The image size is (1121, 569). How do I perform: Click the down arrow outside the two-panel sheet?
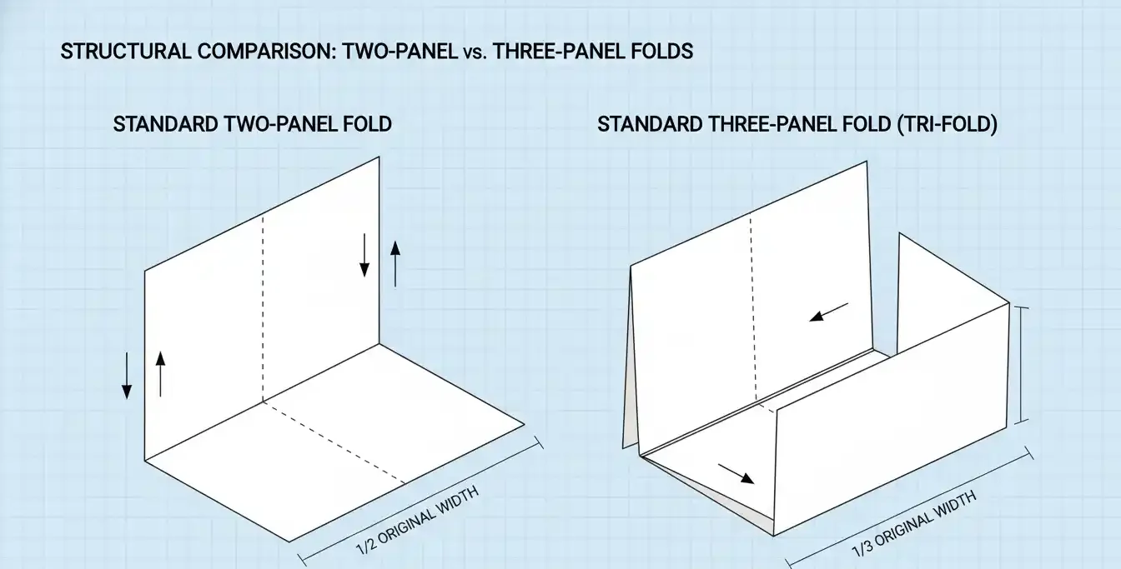127,376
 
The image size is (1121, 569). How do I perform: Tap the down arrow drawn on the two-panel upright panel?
364,255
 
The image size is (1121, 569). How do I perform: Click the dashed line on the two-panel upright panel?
263,308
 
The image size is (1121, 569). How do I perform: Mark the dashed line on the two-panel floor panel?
334,442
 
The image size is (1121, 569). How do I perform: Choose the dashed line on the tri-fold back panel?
754,308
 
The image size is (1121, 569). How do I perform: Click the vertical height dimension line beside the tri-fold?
1025,365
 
